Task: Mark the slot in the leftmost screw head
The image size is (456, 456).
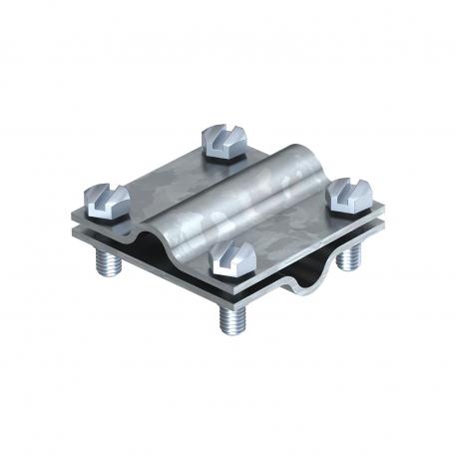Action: tap(107, 194)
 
